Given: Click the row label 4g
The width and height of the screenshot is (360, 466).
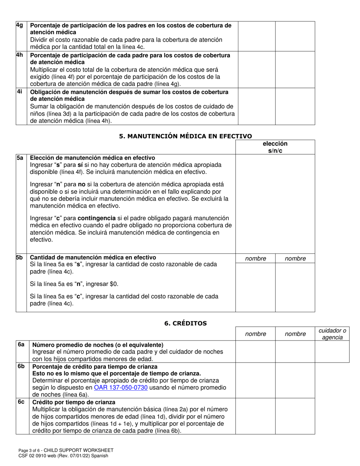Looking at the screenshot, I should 20,25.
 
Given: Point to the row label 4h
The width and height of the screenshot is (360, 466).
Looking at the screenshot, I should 20,55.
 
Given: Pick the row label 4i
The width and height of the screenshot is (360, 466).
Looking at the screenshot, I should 19,92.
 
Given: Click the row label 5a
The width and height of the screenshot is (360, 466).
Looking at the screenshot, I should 20,158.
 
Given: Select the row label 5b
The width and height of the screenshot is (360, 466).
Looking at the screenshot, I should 20,257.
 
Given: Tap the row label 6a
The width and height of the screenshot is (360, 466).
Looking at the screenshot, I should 21,344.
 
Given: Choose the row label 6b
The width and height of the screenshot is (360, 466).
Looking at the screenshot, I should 21,366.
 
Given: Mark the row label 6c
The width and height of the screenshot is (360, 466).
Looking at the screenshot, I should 21,402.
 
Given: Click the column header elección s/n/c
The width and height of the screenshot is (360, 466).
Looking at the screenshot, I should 275,147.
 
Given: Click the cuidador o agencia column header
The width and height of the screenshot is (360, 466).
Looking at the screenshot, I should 332,334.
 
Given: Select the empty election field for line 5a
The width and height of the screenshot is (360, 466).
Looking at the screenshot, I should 275,203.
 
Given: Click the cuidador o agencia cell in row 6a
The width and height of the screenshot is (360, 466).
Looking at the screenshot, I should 332,352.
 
